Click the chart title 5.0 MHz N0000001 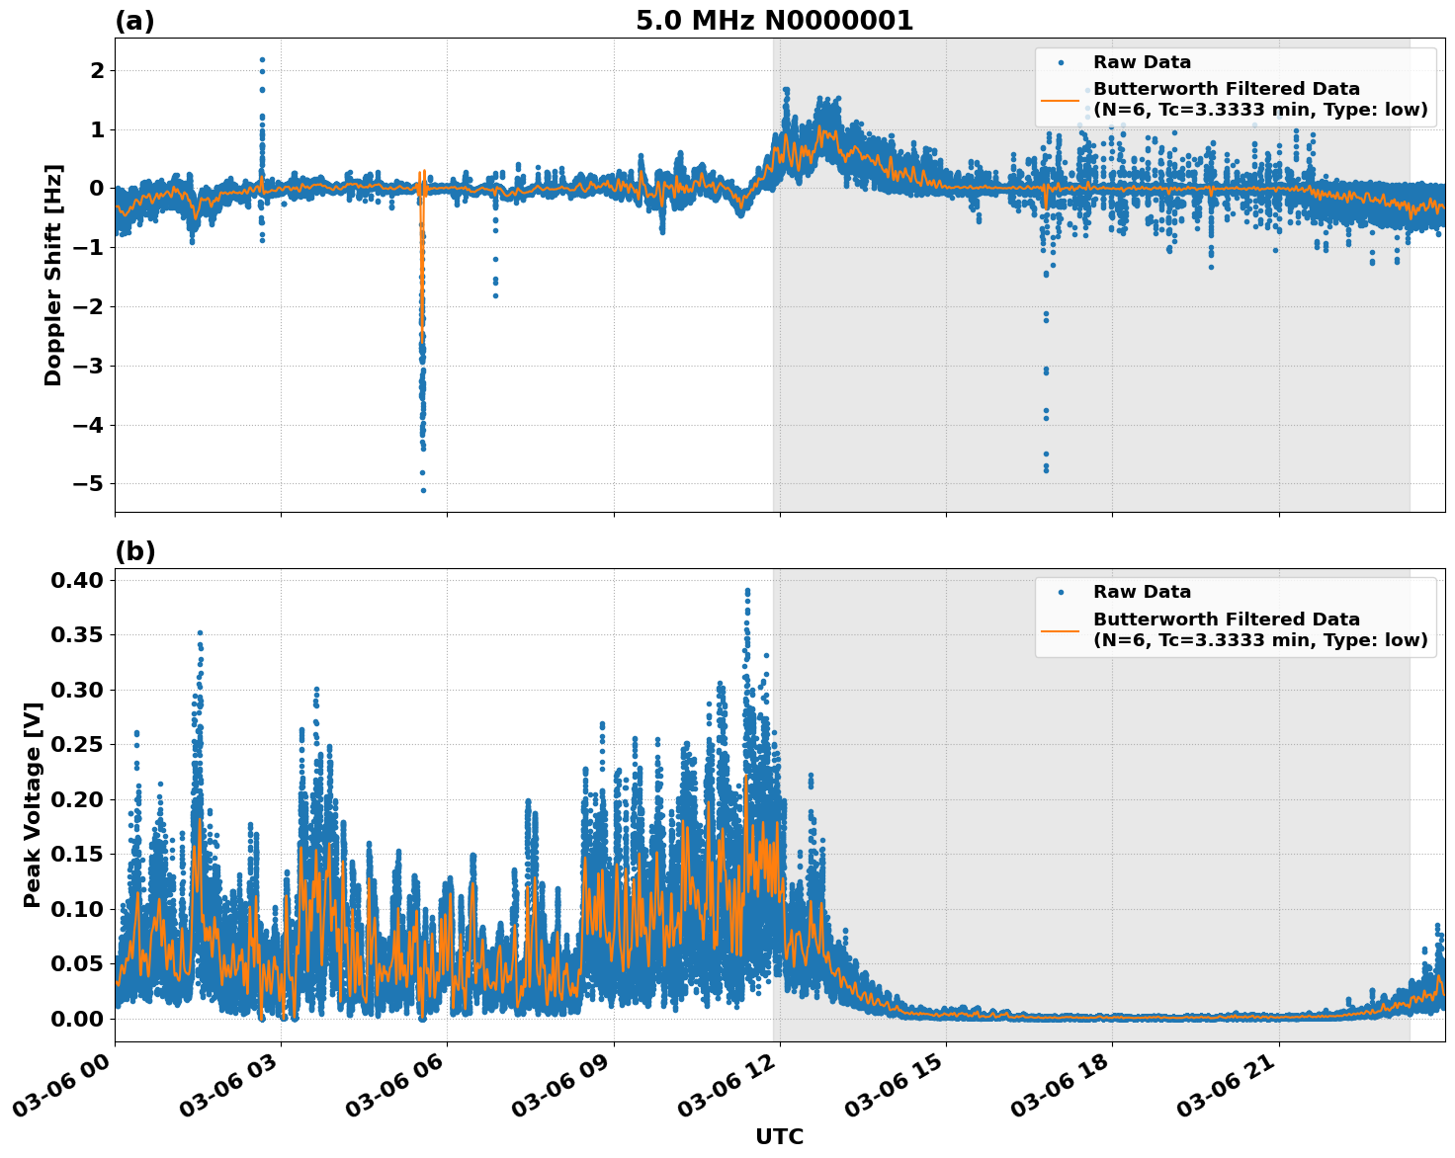point(774,21)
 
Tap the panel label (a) point(134,21)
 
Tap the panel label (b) point(134,551)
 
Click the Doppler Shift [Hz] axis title point(53,275)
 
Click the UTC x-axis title point(779,1136)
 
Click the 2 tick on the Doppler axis point(97,70)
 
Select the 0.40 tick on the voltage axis point(77,580)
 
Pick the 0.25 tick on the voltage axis point(77,744)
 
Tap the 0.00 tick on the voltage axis point(77,1018)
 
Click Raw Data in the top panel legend point(1142,62)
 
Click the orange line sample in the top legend point(1061,99)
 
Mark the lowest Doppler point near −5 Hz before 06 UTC point(423,490)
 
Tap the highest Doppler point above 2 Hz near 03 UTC point(262,59)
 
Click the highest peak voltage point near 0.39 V point(747,591)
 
